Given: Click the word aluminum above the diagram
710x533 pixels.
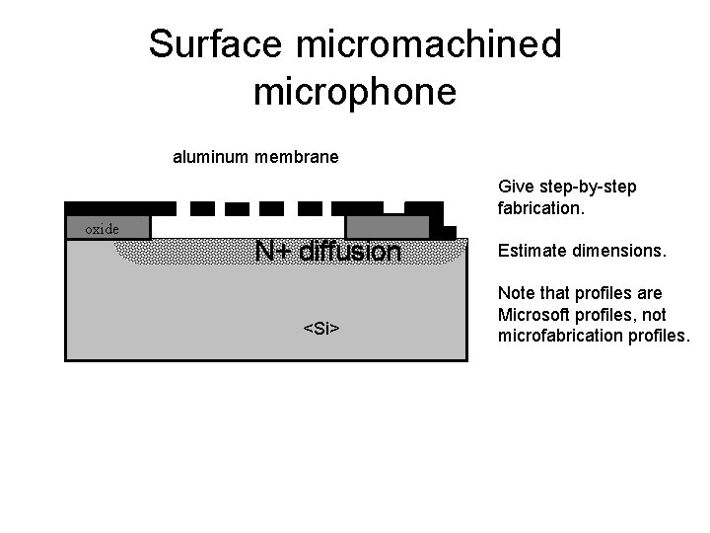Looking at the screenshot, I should click(209, 157).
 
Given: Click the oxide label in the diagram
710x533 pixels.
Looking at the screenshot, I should click(101, 229).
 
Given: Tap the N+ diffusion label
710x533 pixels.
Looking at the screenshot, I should click(327, 253).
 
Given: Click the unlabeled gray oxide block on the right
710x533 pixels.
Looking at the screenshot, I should click(388, 227).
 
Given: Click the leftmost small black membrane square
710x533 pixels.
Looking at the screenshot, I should click(201, 208).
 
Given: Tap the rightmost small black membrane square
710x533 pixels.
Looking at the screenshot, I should click(310, 208).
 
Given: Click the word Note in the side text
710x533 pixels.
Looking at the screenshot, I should click(516, 293).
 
